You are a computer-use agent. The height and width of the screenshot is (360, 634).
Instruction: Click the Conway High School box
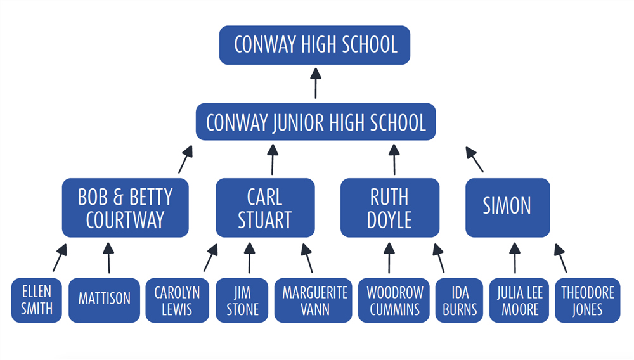pos(315,45)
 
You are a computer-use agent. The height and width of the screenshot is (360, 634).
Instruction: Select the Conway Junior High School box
pos(316,122)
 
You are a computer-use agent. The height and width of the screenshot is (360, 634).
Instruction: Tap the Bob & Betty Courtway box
pos(125,208)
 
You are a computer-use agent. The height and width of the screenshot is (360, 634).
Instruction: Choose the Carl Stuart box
pos(265,208)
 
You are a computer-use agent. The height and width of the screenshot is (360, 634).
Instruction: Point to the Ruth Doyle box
pos(390,208)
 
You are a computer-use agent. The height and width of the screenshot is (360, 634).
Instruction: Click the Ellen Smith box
pos(37,300)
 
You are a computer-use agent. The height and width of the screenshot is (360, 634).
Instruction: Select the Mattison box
pos(104,300)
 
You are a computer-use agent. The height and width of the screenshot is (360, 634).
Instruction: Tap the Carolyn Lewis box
pos(177,300)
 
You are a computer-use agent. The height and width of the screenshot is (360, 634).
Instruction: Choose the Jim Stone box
pos(242,300)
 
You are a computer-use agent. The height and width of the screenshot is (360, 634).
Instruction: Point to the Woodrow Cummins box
pos(394,300)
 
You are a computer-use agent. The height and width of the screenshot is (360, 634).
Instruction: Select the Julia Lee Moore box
pos(519,300)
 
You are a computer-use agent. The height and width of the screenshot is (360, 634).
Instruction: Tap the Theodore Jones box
pos(587,300)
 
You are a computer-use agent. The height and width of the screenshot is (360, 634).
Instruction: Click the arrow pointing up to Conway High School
pos(315,83)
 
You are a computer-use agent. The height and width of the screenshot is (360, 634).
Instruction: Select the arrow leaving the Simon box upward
pos(475,160)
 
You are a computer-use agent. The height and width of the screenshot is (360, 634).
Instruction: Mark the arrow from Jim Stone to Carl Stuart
pos(249,259)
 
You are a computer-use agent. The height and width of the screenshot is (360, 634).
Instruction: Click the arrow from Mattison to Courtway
pos(108,259)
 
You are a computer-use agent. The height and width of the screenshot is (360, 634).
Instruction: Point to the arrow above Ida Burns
pos(439,259)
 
